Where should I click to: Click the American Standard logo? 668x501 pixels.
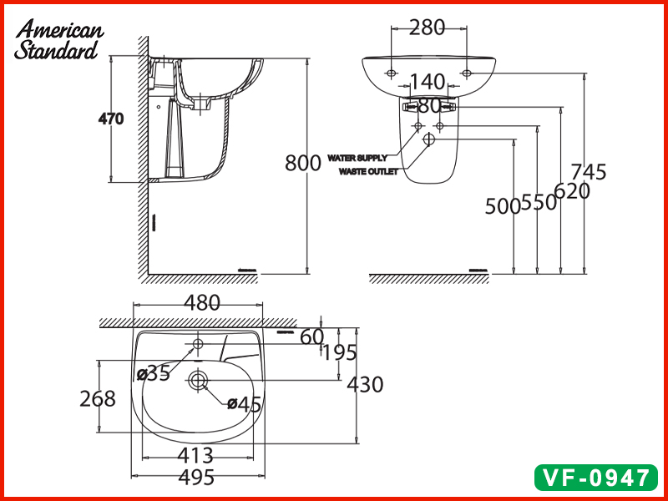58,40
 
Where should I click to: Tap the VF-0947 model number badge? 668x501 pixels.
595,478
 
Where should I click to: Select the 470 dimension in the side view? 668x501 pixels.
111,119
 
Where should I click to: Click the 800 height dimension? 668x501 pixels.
302,163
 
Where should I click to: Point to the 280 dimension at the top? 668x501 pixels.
427,28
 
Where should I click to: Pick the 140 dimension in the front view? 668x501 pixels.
428,82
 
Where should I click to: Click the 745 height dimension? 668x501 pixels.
590,172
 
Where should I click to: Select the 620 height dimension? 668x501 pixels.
572,191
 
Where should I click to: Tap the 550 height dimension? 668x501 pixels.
539,203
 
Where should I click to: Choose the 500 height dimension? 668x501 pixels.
503,206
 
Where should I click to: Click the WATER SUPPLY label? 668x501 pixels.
357,157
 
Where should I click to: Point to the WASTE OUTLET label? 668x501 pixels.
368,171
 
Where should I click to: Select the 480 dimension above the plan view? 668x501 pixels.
201,303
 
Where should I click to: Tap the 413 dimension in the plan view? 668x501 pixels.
196,456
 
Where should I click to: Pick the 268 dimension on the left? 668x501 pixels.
98,399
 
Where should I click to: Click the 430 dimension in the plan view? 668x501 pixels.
365,384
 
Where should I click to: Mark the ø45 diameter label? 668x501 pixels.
245,404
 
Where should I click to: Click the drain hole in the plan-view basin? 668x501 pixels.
198,381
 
